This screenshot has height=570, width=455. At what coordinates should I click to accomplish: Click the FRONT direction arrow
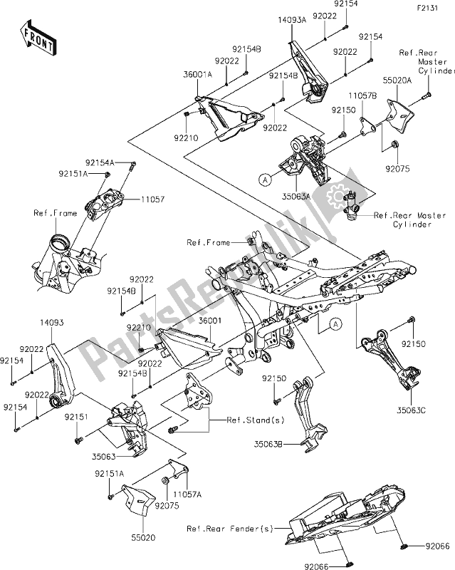(38, 38)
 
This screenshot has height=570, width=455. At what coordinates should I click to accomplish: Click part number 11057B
(362, 95)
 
